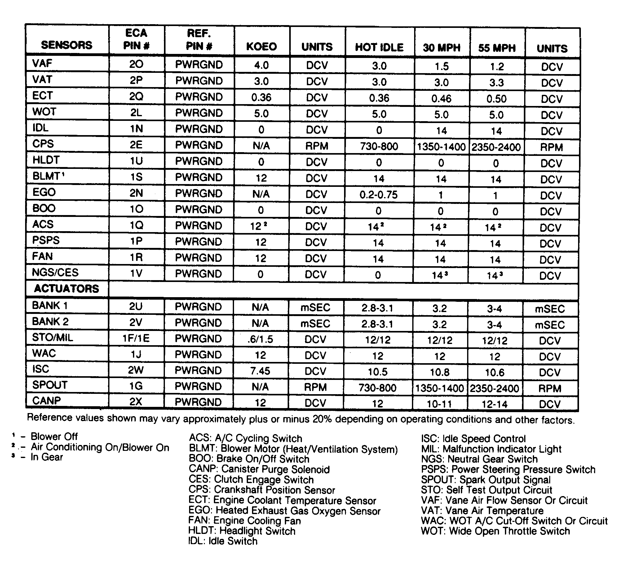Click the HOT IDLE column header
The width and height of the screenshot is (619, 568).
tap(379, 47)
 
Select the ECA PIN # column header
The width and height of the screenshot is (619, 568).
tap(136, 39)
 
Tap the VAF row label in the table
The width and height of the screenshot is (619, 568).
tap(42, 64)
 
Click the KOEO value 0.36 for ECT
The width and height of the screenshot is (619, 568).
tap(261, 98)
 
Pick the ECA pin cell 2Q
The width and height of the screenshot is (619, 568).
tap(136, 97)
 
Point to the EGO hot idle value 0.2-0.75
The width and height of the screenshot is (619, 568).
tap(378, 195)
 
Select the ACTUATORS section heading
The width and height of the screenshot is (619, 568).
tap(66, 289)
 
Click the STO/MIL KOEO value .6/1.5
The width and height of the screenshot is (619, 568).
tap(260, 339)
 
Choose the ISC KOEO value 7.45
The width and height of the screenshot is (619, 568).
tap(260, 371)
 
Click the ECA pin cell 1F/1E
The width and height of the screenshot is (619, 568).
tap(136, 338)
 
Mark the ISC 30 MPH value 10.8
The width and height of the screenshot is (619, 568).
tap(440, 372)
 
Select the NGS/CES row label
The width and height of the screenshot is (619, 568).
tap(55, 273)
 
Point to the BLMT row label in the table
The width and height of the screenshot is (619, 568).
tap(46, 176)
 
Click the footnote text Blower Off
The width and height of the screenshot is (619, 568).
tap(54, 437)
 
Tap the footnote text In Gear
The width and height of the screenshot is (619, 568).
tap(46, 457)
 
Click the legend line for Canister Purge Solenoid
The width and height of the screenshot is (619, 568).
tap(259, 469)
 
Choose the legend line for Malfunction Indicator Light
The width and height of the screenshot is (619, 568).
tap(491, 449)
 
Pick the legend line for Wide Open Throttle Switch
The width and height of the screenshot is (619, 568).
tap(495, 531)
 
